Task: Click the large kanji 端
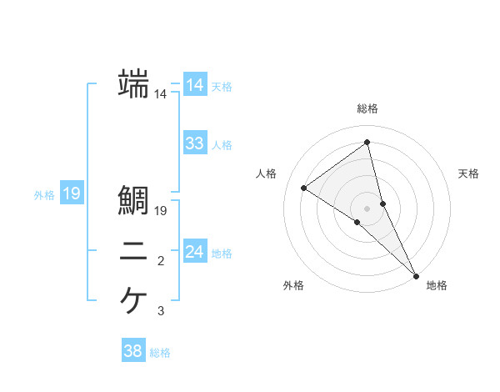click(134, 83)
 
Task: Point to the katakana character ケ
click(134, 300)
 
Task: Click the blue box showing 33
click(194, 143)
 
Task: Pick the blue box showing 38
click(132, 351)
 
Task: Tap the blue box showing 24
click(194, 252)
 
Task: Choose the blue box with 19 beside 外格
click(72, 194)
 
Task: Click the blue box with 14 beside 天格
click(194, 85)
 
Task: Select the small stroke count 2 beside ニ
click(161, 262)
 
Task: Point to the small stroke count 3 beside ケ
click(161, 312)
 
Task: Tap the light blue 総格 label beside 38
click(160, 353)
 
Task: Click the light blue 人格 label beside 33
click(222, 145)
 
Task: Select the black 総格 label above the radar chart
click(367, 108)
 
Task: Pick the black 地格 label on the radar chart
click(437, 285)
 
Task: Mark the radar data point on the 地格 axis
click(416, 274)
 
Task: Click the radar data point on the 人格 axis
click(304, 188)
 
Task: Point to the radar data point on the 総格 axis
click(367, 142)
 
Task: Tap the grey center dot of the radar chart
click(367, 208)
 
